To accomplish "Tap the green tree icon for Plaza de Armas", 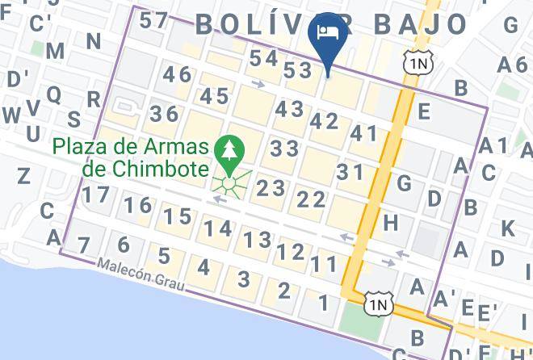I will [x=230, y=151].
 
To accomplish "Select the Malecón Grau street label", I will [x=135, y=271].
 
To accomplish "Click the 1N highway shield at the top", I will [x=416, y=61].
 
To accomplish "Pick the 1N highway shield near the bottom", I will [x=378, y=303].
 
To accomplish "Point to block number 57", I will [x=153, y=20].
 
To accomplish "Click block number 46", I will [x=177, y=75].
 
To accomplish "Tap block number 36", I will [x=164, y=113].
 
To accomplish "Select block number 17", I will [x=95, y=195].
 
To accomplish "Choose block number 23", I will [x=271, y=188].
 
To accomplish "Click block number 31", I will [x=350, y=171].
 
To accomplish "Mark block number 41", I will [x=364, y=134].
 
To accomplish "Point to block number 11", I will [x=324, y=263].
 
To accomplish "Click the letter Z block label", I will [x=23, y=175].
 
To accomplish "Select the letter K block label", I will [x=508, y=228].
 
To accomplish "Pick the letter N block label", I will [x=93, y=41].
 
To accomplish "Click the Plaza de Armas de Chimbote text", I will [x=134, y=157].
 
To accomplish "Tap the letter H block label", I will [x=392, y=221].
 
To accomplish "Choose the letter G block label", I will [x=405, y=182].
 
